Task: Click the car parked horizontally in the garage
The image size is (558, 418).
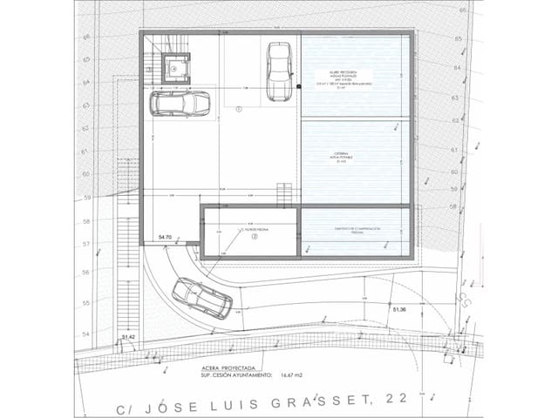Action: click(x=180, y=104)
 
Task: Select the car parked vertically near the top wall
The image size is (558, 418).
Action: click(x=278, y=71)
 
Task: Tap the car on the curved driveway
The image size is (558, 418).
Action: click(x=202, y=298)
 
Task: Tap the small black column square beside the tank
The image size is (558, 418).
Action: click(x=298, y=87)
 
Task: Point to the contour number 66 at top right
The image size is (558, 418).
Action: click(x=464, y=10)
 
